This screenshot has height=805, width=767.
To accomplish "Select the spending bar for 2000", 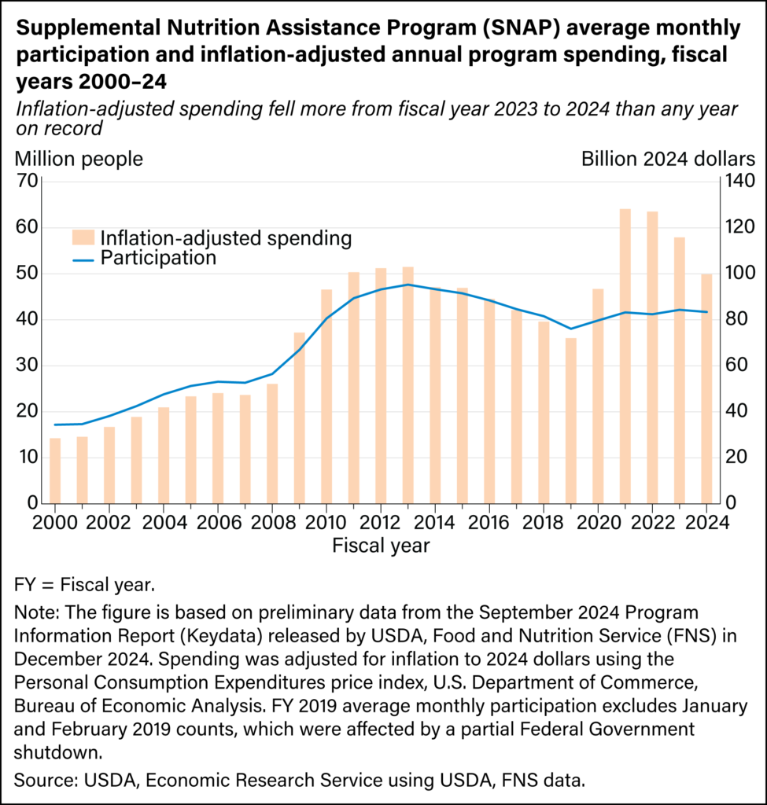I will click(x=55, y=470).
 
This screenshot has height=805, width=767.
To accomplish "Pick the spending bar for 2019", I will click(x=571, y=421).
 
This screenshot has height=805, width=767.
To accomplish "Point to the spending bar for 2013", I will click(x=407, y=385).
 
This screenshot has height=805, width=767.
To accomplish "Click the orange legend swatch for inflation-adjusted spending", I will click(x=83, y=237).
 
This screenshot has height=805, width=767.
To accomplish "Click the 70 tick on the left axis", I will click(x=26, y=182).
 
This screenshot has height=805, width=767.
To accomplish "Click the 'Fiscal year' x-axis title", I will click(x=381, y=545).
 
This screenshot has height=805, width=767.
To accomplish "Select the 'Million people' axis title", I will click(x=79, y=159).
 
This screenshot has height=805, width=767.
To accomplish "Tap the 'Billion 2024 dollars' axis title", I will click(x=668, y=159).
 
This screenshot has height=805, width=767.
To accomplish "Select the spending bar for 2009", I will click(x=299, y=417).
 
